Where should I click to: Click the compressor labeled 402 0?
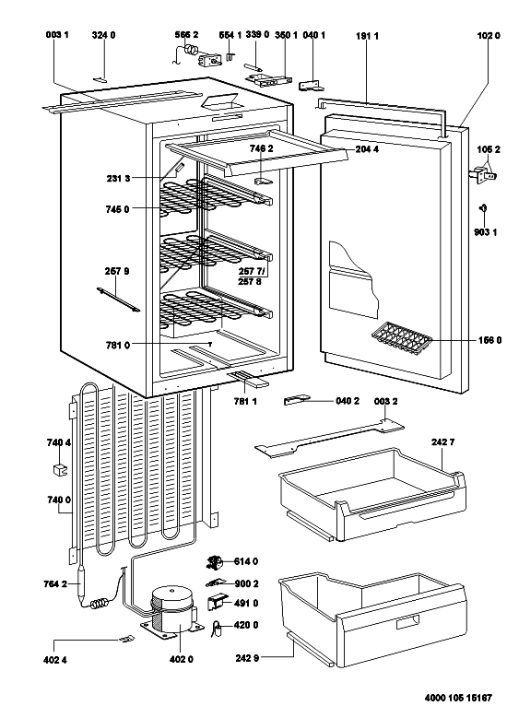tap(171, 610)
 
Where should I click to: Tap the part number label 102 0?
tap(489, 36)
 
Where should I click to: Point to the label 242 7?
tap(442, 442)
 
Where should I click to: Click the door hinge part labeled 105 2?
tap(483, 175)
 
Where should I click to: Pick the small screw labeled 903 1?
tap(483, 207)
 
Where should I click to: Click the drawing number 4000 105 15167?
tap(458, 698)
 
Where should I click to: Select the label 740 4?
tap(58, 442)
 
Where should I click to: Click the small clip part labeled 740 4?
tap(59, 469)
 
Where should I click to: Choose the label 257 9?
tap(117, 271)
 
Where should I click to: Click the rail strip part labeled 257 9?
tap(118, 300)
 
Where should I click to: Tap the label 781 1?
tap(245, 402)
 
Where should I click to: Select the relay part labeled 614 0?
tap(215, 561)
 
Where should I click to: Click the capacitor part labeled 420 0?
tap(218, 628)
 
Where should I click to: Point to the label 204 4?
tap(367, 149)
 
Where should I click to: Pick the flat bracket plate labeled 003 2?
tap(329, 438)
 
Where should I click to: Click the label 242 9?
tap(247, 658)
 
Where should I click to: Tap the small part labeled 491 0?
tap(216, 603)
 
